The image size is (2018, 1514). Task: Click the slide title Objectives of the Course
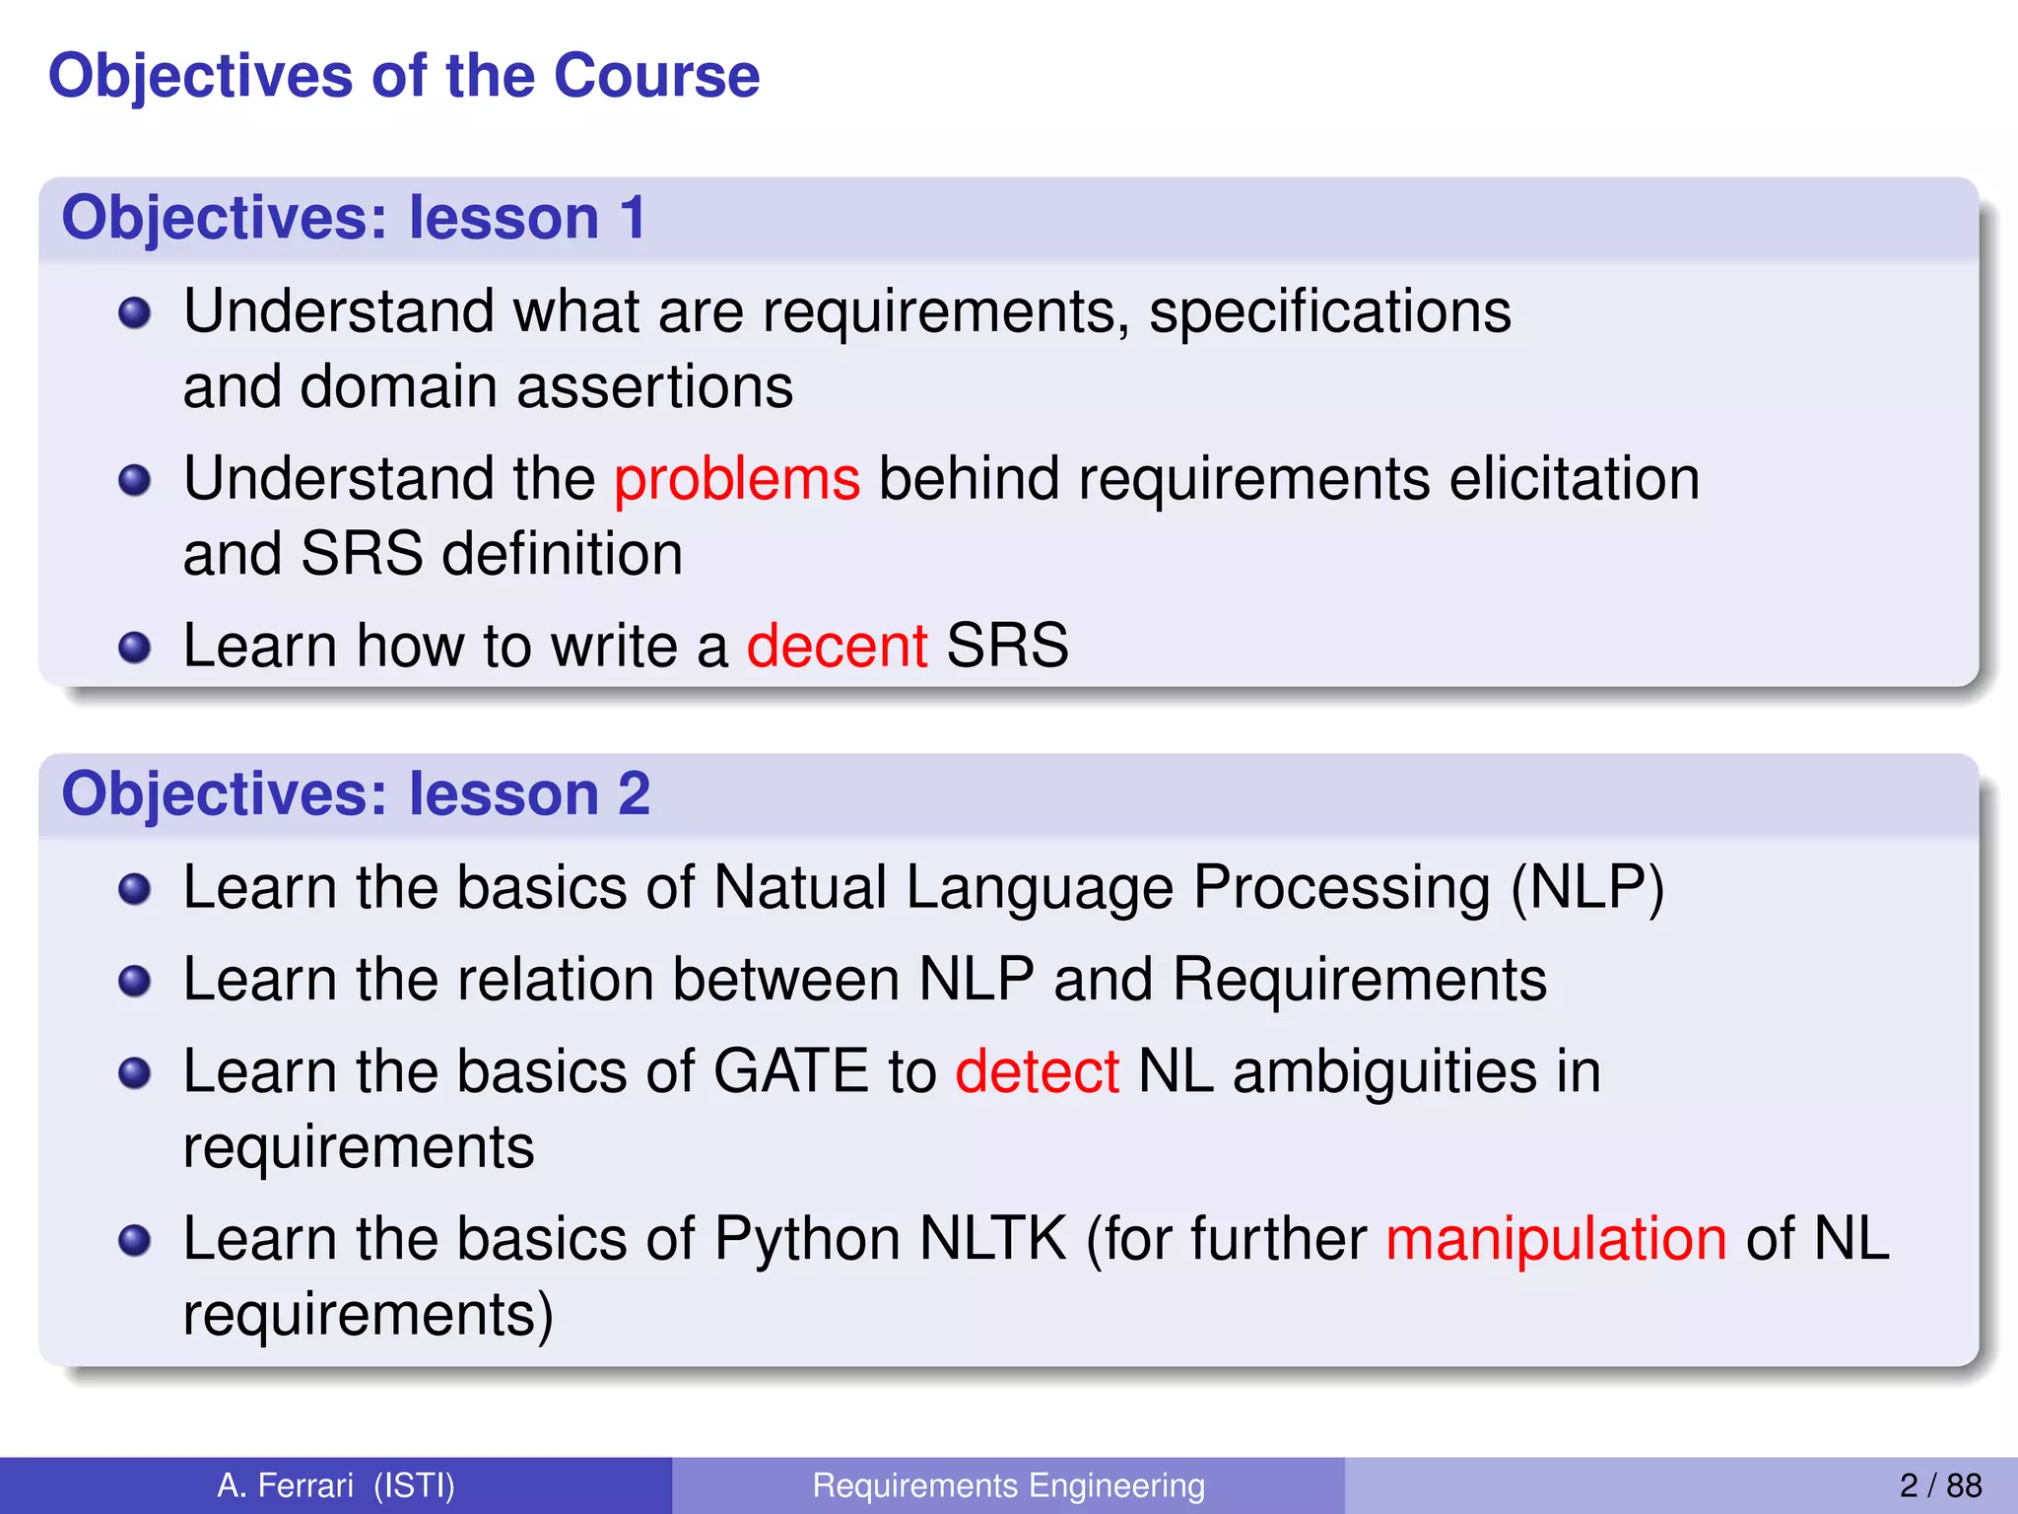click(404, 76)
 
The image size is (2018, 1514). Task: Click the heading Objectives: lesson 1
click(353, 218)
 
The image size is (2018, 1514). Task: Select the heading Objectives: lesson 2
click(355, 793)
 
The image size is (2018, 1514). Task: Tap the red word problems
click(737, 480)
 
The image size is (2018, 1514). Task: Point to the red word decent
click(837, 647)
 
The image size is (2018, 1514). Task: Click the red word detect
click(1037, 1072)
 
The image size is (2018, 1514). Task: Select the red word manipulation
click(1556, 1239)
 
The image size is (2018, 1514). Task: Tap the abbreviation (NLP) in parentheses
click(1587, 887)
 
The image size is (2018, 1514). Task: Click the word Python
click(806, 1241)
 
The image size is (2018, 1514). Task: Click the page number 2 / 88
click(1939, 1485)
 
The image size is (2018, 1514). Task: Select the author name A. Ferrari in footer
click(285, 1485)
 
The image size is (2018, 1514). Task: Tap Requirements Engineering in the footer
click(1008, 1485)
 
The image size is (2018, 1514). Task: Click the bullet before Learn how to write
click(134, 648)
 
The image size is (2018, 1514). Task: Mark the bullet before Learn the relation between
click(134, 981)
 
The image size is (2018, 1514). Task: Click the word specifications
click(1329, 313)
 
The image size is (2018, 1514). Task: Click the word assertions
click(654, 386)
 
